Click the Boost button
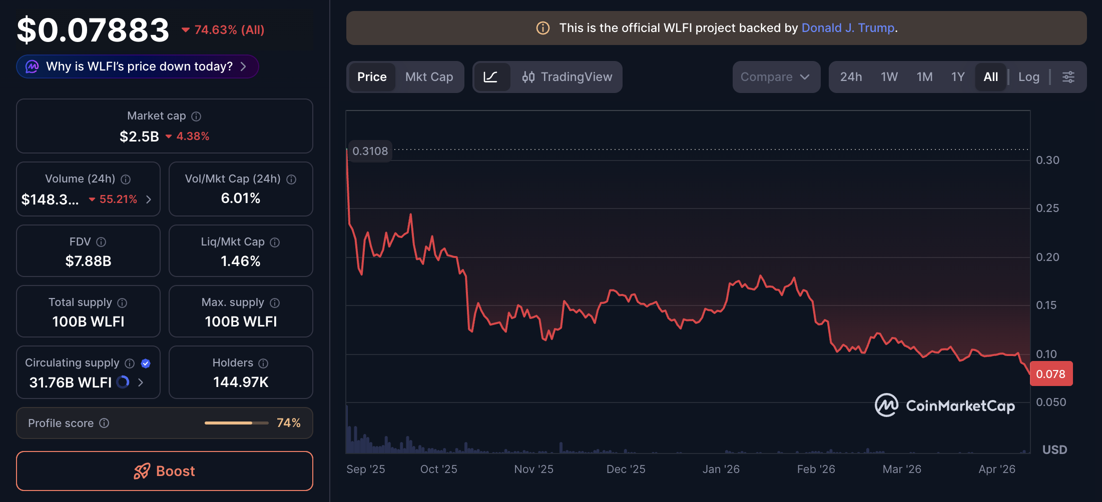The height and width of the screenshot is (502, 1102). tap(165, 471)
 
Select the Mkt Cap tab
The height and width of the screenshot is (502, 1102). tap(429, 77)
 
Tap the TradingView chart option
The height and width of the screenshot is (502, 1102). tap(567, 77)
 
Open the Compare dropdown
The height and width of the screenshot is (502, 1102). tap(775, 77)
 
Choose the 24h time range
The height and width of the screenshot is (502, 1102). tap(851, 77)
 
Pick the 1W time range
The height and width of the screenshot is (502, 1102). tap(889, 77)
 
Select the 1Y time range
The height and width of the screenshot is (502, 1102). tap(958, 77)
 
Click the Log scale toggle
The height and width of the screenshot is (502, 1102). tap(1029, 77)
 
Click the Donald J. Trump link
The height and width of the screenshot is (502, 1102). tap(848, 28)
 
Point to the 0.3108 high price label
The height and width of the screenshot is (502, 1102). tap(370, 151)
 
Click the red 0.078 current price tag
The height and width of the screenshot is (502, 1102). tap(1050, 374)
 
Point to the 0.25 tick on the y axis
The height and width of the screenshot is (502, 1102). tap(1047, 208)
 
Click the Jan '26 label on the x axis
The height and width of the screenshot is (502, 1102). tap(721, 469)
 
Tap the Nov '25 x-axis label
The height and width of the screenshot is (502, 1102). tap(533, 469)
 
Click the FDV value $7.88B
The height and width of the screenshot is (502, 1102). tap(89, 261)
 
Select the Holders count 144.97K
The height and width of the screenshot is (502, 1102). tap(241, 382)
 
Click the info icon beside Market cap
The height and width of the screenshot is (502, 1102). tap(196, 116)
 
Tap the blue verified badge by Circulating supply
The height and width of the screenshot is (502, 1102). tap(146, 363)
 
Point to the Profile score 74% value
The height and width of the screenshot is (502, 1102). tap(289, 423)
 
